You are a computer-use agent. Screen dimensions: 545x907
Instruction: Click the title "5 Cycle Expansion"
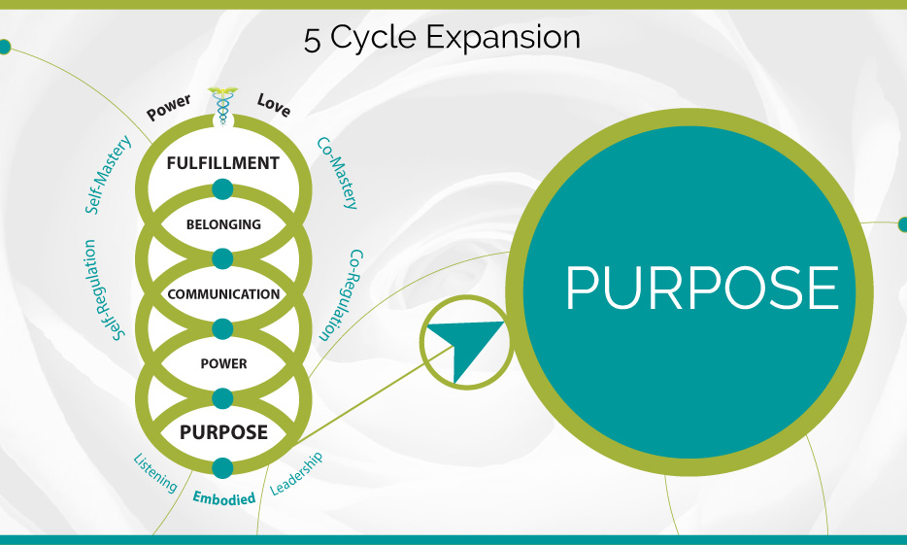pyautogui.click(x=442, y=38)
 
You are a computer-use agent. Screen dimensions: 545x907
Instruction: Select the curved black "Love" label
pyautogui.click(x=274, y=105)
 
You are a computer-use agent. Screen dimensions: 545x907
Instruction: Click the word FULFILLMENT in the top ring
pyautogui.click(x=222, y=162)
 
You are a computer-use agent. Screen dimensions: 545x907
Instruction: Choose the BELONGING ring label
pyautogui.click(x=222, y=224)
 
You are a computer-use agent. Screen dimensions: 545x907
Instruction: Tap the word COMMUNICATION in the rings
pyautogui.click(x=222, y=294)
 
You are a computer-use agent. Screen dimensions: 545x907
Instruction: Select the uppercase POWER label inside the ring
pyautogui.click(x=222, y=364)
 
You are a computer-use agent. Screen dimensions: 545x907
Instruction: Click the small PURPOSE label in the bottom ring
pyautogui.click(x=222, y=432)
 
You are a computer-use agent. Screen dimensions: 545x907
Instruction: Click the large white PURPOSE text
pyautogui.click(x=701, y=288)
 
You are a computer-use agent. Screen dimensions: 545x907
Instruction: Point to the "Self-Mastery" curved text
pyautogui.click(x=108, y=174)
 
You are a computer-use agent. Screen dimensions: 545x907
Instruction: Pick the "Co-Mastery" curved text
pyautogui.click(x=338, y=172)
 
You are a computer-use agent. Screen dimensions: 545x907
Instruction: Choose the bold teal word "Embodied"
pyautogui.click(x=223, y=498)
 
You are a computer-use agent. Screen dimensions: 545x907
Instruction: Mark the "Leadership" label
pyautogui.click(x=296, y=474)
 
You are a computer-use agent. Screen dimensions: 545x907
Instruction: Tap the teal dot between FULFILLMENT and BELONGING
pyautogui.click(x=222, y=188)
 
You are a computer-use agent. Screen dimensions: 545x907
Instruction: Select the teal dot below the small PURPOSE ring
pyautogui.click(x=222, y=467)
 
